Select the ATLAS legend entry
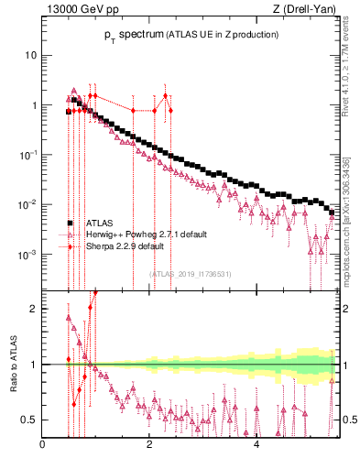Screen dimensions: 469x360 point(100,223)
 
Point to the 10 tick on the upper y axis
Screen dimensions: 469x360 point(29,55)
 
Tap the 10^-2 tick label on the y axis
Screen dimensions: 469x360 point(27,204)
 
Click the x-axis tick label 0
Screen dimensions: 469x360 point(42,446)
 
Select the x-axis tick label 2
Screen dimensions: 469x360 point(149,446)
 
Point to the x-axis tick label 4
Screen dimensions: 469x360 point(256,446)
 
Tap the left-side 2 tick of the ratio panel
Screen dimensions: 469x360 point(33,309)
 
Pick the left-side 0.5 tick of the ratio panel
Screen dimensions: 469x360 point(29,420)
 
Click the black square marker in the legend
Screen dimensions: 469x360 point(70,223)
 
